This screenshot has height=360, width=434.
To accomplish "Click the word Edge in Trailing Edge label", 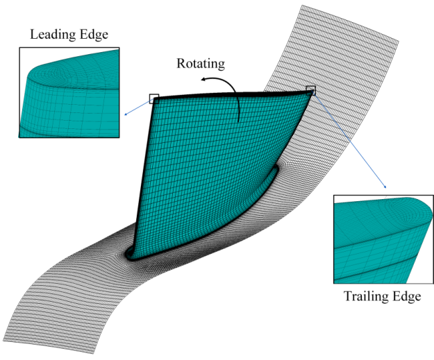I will tap(408, 297).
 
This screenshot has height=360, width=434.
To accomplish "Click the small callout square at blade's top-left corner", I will tap(153, 98).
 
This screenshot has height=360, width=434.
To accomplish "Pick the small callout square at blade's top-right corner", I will tap(310, 90).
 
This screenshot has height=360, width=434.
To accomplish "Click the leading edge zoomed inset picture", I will tap(70, 93).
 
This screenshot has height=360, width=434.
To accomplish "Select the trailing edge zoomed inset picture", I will tap(384, 239).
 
